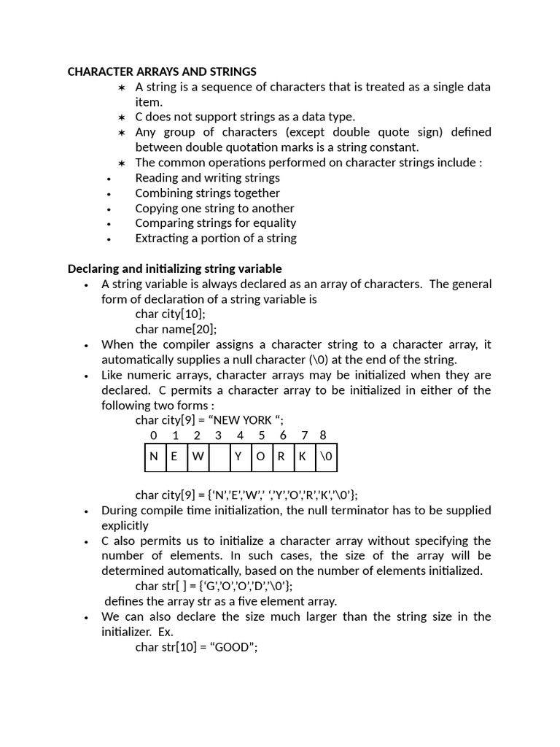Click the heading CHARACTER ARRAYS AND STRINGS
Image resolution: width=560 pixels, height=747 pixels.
click(x=162, y=71)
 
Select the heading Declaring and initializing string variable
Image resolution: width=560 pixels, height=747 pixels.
click(x=174, y=268)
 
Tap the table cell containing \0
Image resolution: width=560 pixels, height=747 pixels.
click(x=325, y=457)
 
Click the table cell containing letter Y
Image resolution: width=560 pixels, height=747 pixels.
click(x=238, y=457)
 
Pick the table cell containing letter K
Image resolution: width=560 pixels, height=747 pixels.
click(x=302, y=457)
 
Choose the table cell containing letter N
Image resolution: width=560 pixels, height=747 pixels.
click(x=154, y=457)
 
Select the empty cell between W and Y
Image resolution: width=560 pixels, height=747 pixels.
click(x=218, y=457)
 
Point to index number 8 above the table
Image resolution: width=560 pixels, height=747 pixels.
click(x=323, y=436)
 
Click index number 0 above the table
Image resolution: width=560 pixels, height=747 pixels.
click(x=153, y=436)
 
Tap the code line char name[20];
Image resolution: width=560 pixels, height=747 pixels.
click(x=176, y=329)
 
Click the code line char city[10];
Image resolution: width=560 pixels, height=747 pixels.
click(x=170, y=314)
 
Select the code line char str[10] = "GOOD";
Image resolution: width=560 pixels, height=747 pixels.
click(x=196, y=647)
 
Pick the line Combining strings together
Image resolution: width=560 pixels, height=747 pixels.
click(x=207, y=193)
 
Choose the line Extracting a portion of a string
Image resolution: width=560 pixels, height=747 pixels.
click(x=216, y=238)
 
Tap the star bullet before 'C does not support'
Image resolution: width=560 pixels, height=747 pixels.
click(x=122, y=117)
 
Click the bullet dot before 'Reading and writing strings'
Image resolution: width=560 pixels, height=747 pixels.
click(x=109, y=179)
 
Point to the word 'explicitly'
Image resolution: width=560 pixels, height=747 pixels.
click(x=125, y=525)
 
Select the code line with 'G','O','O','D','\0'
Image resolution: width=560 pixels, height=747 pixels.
click(x=214, y=586)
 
